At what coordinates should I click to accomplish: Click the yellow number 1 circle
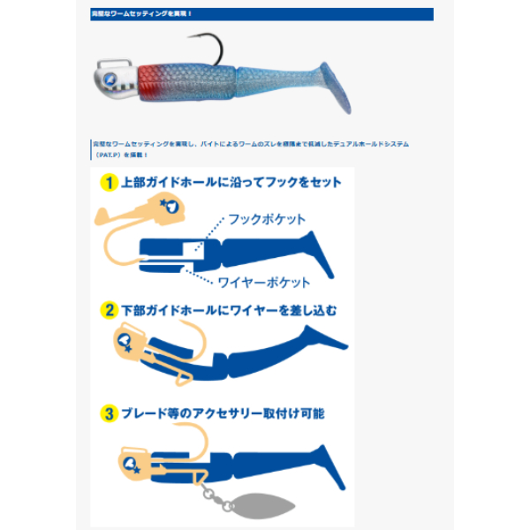click(x=110, y=183)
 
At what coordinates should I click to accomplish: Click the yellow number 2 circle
click(x=110, y=311)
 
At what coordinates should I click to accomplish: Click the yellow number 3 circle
click(x=110, y=413)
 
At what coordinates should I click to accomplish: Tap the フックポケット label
click(x=267, y=219)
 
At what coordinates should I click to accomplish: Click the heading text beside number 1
click(x=232, y=183)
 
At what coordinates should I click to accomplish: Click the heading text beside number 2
click(x=230, y=311)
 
